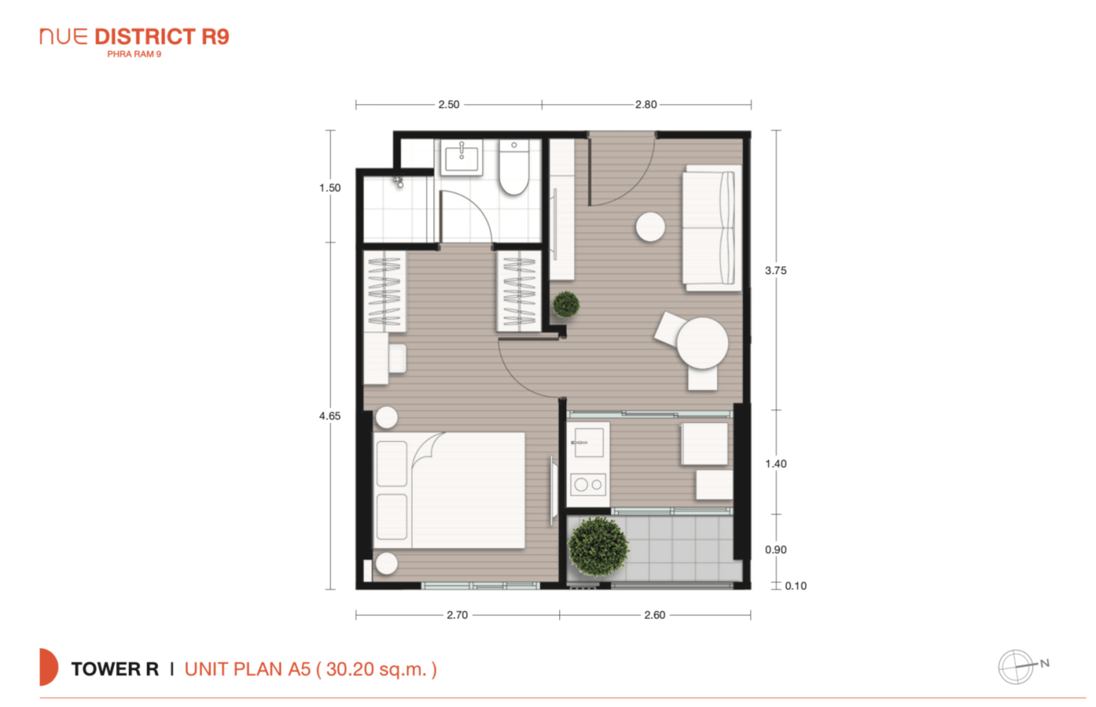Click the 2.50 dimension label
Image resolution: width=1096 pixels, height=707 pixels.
point(449,105)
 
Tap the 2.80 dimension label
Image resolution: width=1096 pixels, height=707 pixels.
point(646,105)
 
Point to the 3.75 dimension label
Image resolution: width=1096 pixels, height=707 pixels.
point(776,271)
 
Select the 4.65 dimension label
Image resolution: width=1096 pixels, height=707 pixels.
point(330,417)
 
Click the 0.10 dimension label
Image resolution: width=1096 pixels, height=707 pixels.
point(795,586)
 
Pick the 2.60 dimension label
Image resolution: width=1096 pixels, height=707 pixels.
point(654,615)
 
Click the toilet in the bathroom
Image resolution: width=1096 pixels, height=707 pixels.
point(514,167)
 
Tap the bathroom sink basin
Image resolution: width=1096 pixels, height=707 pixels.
point(461,157)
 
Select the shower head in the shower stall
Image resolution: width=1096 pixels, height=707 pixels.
point(398,182)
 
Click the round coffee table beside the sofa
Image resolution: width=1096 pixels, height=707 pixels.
point(651,227)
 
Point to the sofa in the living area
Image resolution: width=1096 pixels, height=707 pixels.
point(712,228)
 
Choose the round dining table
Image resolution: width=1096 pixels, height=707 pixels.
point(702,343)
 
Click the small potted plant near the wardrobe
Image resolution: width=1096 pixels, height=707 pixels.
point(566,305)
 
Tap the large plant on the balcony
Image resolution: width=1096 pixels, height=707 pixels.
point(598,546)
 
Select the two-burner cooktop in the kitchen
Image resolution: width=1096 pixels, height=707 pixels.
point(588,485)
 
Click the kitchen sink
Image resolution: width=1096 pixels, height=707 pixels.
point(589,442)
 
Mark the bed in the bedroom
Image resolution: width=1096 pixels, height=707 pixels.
point(449,490)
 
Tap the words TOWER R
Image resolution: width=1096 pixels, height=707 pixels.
point(115,669)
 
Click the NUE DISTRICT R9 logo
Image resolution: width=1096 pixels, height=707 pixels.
point(135,42)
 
